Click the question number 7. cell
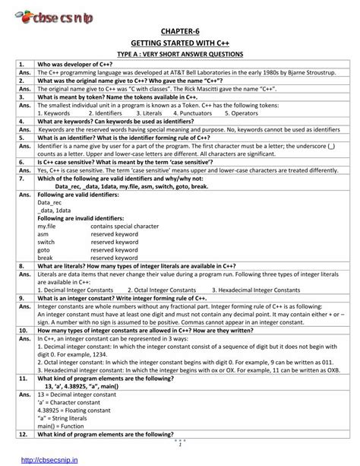tap(22, 179)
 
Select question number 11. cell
tap(24, 377)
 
